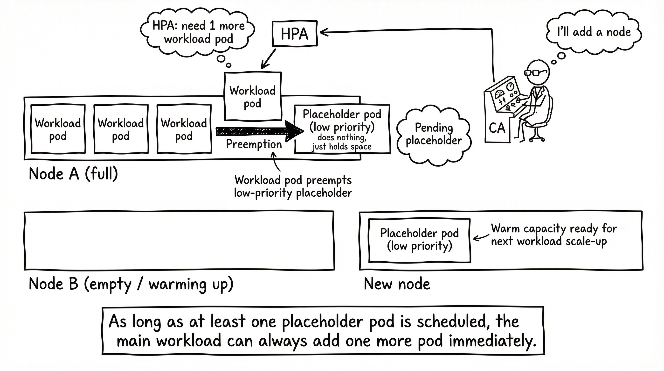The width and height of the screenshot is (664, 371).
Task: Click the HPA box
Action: click(x=295, y=34)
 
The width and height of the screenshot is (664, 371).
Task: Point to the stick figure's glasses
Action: click(x=535, y=72)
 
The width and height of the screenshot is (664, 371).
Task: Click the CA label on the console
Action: click(x=497, y=128)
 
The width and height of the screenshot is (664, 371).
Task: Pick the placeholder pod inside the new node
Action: click(x=419, y=240)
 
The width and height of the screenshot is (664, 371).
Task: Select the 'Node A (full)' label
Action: click(x=73, y=174)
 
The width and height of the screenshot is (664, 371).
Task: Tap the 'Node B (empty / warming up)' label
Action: click(x=131, y=284)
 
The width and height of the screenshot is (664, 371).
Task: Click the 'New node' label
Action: click(x=397, y=284)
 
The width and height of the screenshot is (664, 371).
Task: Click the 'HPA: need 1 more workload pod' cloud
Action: click(x=198, y=33)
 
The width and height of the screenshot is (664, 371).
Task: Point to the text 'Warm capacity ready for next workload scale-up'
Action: click(x=553, y=235)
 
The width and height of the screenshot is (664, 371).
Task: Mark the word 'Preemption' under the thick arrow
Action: click(x=254, y=144)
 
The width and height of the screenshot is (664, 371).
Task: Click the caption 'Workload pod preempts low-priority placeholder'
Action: click(x=293, y=186)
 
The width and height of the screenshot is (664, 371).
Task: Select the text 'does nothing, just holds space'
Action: click(x=342, y=142)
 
